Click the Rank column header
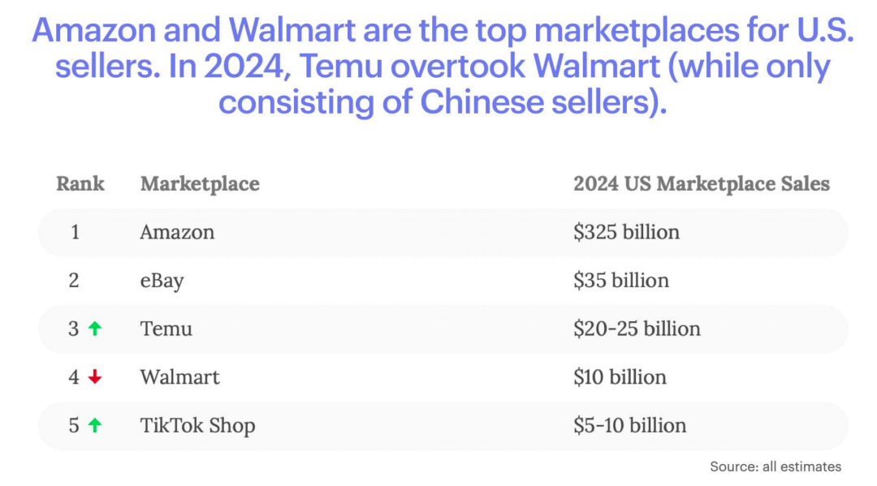[x=80, y=183]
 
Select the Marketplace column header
[x=200, y=183]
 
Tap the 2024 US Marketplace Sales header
[x=702, y=183]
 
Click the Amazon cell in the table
[x=177, y=232]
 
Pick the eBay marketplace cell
[x=162, y=281]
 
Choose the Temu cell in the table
[x=166, y=329]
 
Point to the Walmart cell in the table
[x=179, y=376]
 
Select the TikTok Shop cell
[x=197, y=425]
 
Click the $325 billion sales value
[x=626, y=232]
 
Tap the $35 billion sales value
[x=621, y=281]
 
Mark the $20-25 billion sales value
[x=637, y=329]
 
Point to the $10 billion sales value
[x=620, y=376]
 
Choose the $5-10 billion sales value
[x=629, y=425]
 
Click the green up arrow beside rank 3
[x=95, y=329]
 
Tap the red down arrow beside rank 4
[x=95, y=377]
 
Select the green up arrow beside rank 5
[x=95, y=425]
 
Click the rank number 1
[x=75, y=232]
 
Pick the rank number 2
[x=74, y=281]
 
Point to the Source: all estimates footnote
[x=775, y=467]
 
